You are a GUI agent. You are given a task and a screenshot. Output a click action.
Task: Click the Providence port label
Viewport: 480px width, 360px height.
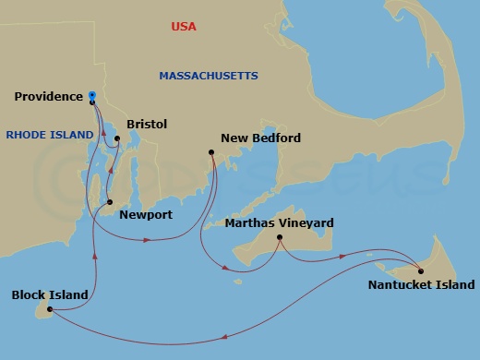[x=49, y=96]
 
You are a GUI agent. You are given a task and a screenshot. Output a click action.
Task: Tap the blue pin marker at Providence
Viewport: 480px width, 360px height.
[x=92, y=95]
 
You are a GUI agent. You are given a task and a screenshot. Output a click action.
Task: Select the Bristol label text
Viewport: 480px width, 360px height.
[x=146, y=124]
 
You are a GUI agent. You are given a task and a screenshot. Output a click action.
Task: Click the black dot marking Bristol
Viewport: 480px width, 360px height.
[x=117, y=139]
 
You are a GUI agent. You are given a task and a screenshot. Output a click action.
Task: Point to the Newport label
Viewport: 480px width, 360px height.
[x=146, y=215]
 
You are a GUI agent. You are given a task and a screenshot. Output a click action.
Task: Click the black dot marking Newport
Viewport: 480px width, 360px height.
[x=110, y=202]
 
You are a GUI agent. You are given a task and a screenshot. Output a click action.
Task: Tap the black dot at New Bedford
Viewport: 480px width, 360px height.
[x=212, y=152]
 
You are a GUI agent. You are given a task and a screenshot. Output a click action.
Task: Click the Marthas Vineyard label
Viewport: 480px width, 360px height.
[x=280, y=223]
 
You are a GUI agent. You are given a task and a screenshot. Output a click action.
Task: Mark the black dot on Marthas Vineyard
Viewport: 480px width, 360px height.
[x=280, y=238]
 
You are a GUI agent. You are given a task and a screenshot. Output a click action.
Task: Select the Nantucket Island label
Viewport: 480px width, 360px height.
[x=423, y=286]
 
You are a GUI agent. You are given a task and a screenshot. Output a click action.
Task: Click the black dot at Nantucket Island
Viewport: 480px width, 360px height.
[x=421, y=270]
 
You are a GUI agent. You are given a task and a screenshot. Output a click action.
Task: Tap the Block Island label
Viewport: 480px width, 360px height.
[x=50, y=295]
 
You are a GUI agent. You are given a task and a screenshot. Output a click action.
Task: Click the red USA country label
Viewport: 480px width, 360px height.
[x=184, y=27]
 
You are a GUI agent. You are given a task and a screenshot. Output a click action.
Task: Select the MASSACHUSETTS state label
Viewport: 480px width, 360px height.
[x=209, y=75]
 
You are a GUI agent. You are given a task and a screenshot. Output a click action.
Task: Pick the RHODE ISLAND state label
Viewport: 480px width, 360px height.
[x=50, y=135]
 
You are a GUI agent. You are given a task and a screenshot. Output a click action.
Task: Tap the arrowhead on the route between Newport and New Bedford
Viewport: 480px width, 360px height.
[x=148, y=240]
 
